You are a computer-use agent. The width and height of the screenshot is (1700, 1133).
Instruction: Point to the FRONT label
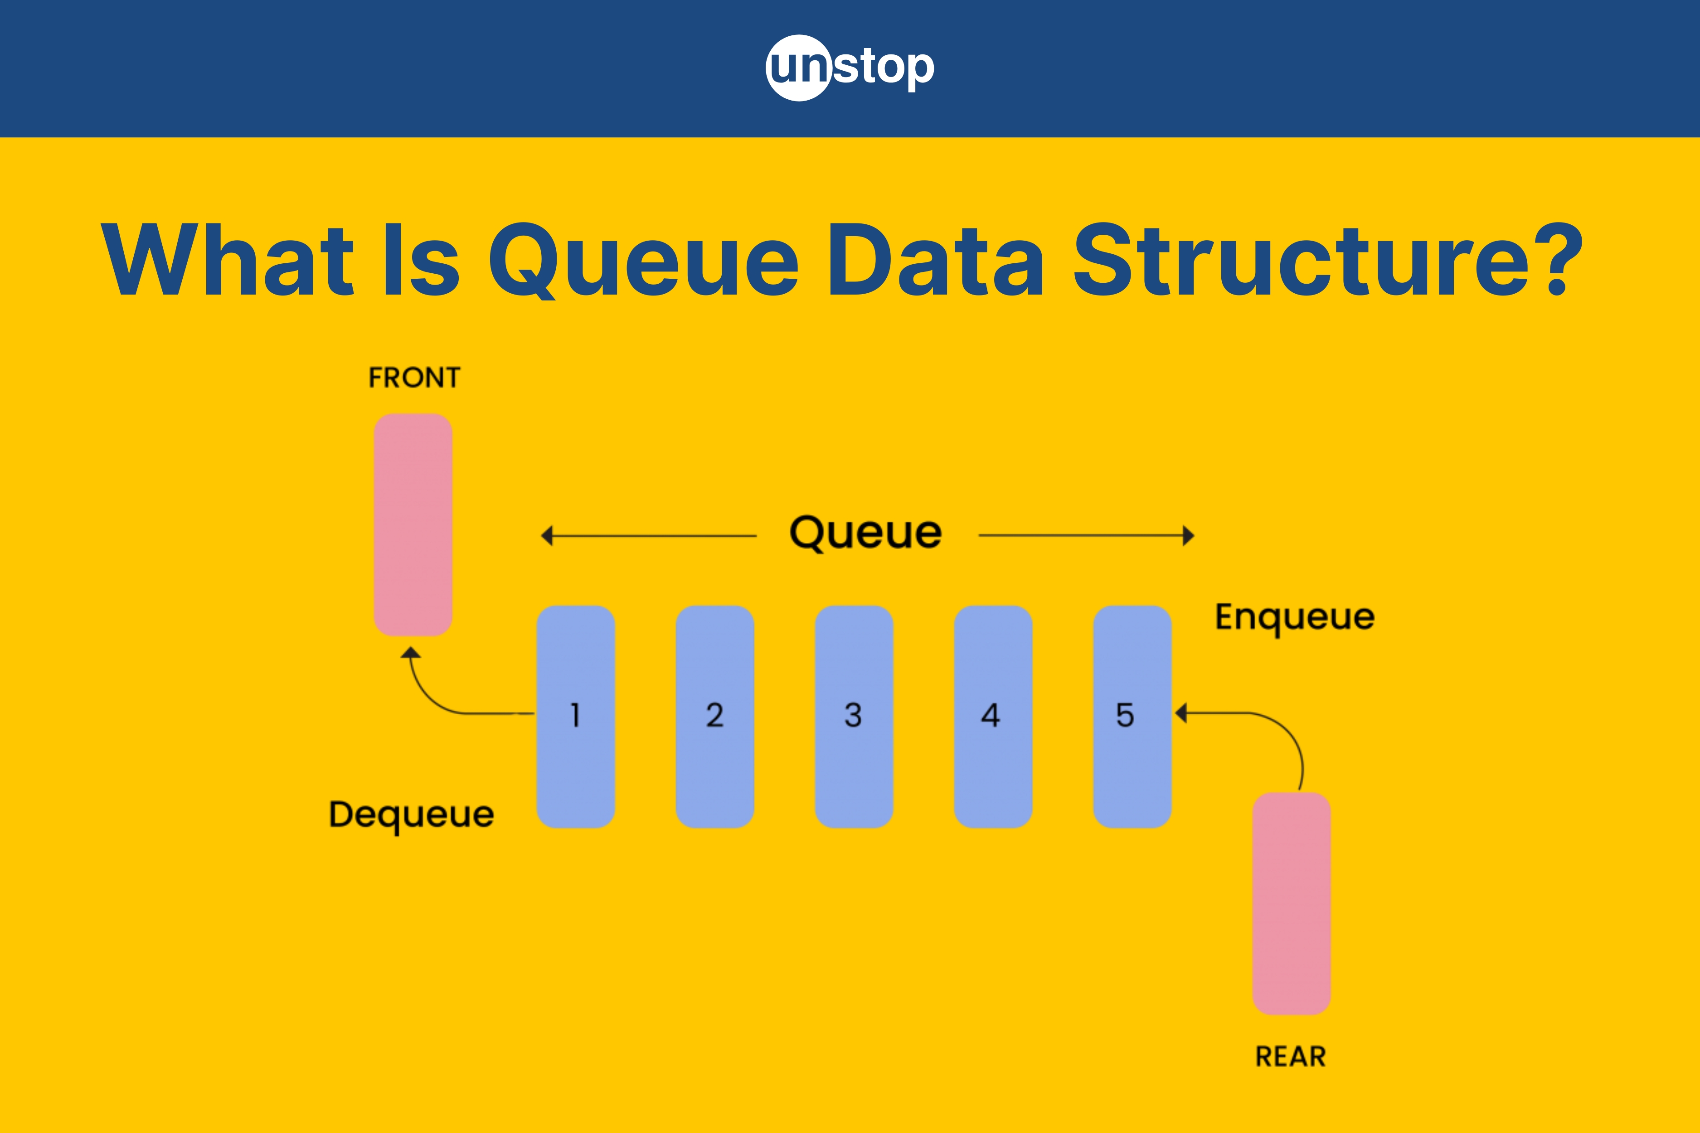click(414, 377)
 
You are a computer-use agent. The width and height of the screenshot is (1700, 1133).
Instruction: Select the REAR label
click(1291, 1056)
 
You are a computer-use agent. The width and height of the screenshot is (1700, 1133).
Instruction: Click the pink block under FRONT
click(413, 525)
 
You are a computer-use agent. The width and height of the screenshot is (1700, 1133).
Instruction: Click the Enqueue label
click(1295, 618)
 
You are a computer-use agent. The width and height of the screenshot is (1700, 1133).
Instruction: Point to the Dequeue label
click(411, 815)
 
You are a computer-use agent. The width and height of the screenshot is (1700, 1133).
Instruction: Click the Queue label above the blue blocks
click(866, 534)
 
